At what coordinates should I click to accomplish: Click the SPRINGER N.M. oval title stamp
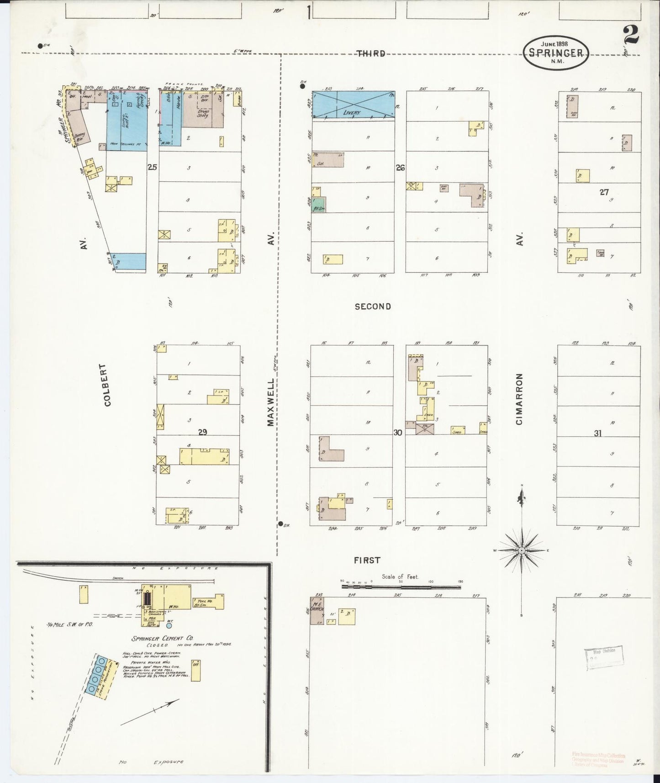(x=555, y=53)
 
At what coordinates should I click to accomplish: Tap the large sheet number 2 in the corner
(x=630, y=35)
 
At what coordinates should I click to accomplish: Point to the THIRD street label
(x=370, y=53)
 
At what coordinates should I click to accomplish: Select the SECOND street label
(x=373, y=307)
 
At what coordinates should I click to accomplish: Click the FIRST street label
(x=367, y=560)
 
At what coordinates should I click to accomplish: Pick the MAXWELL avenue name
(x=271, y=402)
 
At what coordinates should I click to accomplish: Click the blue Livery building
(x=354, y=104)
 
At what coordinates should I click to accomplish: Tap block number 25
(x=152, y=168)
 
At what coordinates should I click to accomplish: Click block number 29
(x=202, y=432)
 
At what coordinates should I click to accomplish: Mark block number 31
(x=597, y=434)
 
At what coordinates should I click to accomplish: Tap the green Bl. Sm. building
(x=319, y=205)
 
